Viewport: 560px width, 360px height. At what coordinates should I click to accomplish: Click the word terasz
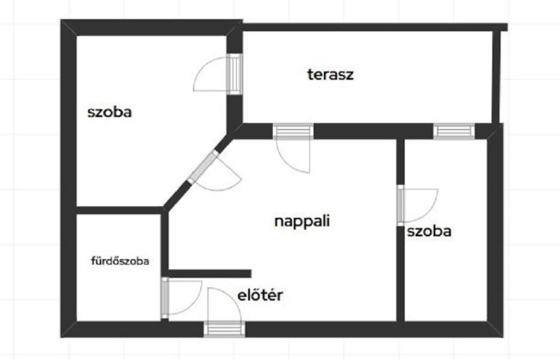coord(330,74)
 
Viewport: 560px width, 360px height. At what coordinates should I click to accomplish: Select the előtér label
coord(260,295)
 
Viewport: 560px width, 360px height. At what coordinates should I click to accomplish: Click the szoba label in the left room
coord(110,113)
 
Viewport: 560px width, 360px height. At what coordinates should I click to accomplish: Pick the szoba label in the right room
coord(429,231)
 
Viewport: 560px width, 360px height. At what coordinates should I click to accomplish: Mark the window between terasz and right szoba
coord(454,131)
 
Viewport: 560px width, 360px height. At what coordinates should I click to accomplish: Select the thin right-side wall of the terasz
coord(496,77)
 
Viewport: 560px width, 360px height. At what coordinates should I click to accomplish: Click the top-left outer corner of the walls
coord(62,21)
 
